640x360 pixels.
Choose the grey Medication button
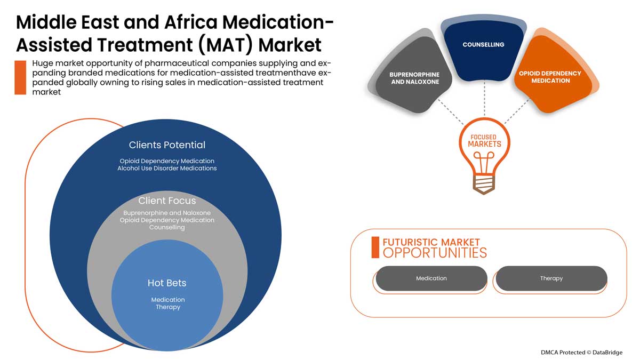tap(431, 278)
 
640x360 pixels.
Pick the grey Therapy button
tap(551, 278)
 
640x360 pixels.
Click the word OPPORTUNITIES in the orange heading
tap(435, 253)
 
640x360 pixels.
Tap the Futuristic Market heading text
tap(431, 242)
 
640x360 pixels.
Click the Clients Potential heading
tap(167, 145)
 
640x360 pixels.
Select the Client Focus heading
tap(167, 201)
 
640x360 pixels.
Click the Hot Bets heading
tap(167, 283)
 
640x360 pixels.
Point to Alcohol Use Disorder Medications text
tap(167, 169)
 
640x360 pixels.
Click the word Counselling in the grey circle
tap(167, 228)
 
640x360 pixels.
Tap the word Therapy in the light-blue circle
tap(167, 307)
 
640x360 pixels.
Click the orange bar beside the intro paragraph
tap(20, 78)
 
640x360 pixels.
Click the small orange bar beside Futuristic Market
tap(375, 247)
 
